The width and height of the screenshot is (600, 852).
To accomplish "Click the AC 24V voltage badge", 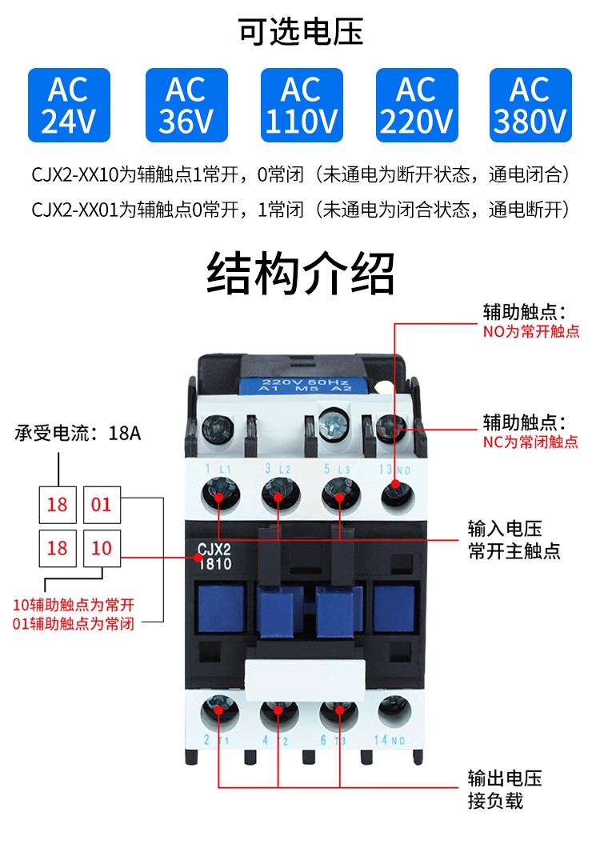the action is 69,105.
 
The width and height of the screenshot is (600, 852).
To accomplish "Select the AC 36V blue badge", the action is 186,105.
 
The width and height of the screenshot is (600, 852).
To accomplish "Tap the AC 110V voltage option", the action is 302,105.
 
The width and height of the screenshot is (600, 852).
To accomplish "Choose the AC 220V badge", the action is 417,105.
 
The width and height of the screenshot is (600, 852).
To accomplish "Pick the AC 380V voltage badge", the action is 530,105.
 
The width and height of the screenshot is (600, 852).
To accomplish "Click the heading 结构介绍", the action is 301,273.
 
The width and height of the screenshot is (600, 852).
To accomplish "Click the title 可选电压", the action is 301,31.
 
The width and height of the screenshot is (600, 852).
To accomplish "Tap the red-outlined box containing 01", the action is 102,505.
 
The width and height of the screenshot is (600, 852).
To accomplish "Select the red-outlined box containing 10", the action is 102,548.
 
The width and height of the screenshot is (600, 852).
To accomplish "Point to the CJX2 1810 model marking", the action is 214,557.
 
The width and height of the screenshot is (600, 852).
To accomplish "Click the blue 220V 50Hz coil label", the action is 304,384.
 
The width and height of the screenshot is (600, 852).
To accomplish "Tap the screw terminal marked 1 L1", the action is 219,495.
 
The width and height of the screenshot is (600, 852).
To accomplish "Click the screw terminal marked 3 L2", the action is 279,495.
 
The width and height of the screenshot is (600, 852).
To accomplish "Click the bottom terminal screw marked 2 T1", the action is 219,711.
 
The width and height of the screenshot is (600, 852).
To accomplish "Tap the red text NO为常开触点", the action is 531,331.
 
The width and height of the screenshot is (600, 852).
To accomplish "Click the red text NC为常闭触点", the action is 530,442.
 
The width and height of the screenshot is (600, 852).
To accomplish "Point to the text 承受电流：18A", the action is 78,433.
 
